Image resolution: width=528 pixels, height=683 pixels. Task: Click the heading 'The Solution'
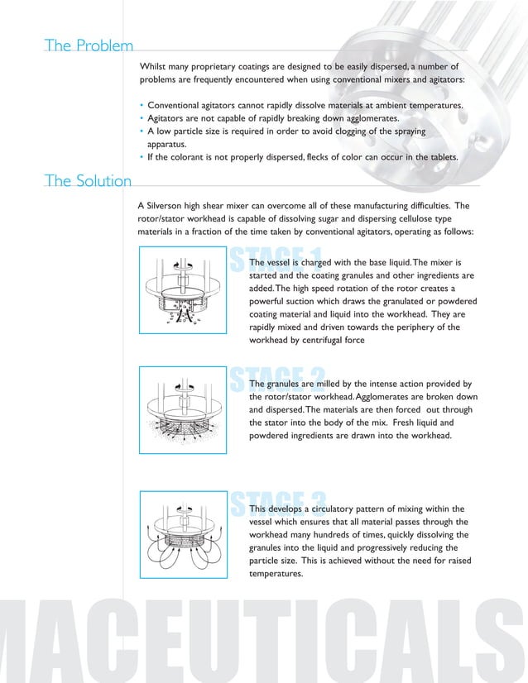click(x=89, y=181)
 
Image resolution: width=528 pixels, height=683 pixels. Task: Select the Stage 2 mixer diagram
click(x=183, y=409)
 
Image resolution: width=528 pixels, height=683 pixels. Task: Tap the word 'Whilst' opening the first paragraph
click(x=155, y=65)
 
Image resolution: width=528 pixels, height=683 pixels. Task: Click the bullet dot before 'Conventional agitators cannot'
click(x=142, y=107)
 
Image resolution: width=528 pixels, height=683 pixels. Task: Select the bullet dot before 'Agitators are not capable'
click(x=142, y=119)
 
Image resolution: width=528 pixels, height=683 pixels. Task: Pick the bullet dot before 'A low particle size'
click(x=142, y=131)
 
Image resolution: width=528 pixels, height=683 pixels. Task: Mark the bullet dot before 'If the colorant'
click(x=142, y=157)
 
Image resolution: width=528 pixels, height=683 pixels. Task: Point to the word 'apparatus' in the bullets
click(x=170, y=144)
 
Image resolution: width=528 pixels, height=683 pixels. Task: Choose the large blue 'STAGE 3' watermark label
click(x=276, y=501)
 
